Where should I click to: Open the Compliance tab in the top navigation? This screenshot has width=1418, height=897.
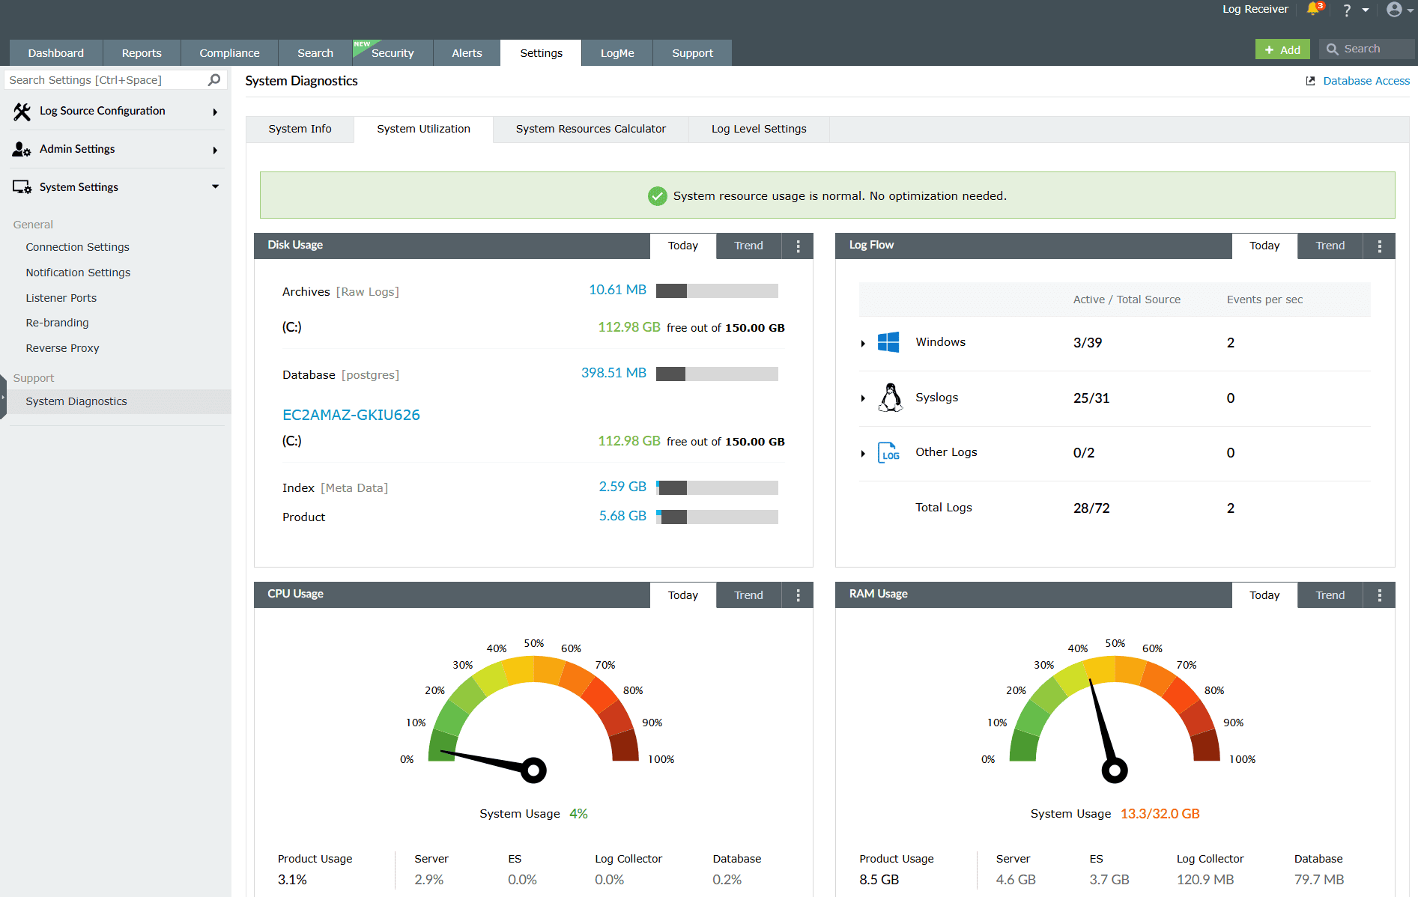tap(229, 53)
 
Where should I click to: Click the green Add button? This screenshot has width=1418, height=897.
tap(1282, 49)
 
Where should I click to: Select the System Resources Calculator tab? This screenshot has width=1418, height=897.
tap(590, 129)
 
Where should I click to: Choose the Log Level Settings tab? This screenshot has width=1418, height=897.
tap(758, 129)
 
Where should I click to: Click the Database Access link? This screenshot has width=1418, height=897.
tap(1366, 81)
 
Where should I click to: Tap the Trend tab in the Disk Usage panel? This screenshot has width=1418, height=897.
tap(748, 246)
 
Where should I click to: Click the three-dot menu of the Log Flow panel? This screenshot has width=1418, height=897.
tap(1379, 246)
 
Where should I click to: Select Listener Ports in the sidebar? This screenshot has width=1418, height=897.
tap(61, 298)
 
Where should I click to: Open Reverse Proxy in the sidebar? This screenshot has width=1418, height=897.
tap(62, 348)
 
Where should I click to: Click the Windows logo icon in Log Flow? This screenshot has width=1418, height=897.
tap(888, 342)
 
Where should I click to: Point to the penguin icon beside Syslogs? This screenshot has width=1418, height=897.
tap(891, 398)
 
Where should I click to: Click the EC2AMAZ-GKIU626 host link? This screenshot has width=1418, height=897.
tap(351, 415)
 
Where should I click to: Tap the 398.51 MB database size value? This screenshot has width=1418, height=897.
tap(613, 373)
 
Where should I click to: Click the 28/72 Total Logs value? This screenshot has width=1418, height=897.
tap(1091, 508)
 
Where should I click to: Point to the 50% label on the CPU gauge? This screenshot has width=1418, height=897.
tap(534, 644)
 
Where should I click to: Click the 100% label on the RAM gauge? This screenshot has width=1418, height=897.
tap(1242, 759)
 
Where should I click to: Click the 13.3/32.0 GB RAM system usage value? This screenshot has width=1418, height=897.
tap(1160, 814)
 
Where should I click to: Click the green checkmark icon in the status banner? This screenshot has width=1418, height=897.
tap(657, 196)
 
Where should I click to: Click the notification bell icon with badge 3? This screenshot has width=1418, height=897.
tap(1313, 9)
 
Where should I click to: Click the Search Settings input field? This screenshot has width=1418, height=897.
tap(105, 80)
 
